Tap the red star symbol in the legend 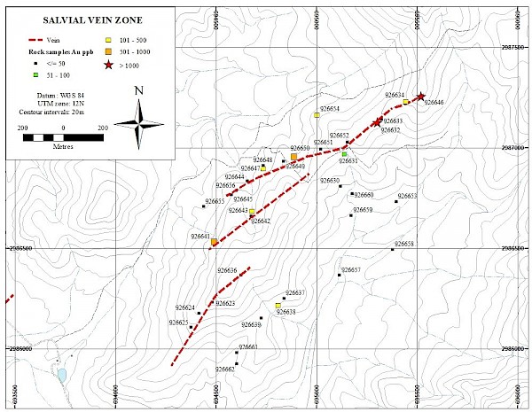pos(108,65)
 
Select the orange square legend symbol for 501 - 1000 pos(108,52)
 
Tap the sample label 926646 pos(434,103)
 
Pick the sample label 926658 pos(404,243)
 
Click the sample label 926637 pos(295,292)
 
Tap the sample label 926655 pos(215,201)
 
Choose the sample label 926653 pos(407,196)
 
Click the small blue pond pos(61,375)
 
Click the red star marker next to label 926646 pos(420,97)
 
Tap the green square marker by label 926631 pos(344,154)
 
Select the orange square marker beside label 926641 pos(215,241)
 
